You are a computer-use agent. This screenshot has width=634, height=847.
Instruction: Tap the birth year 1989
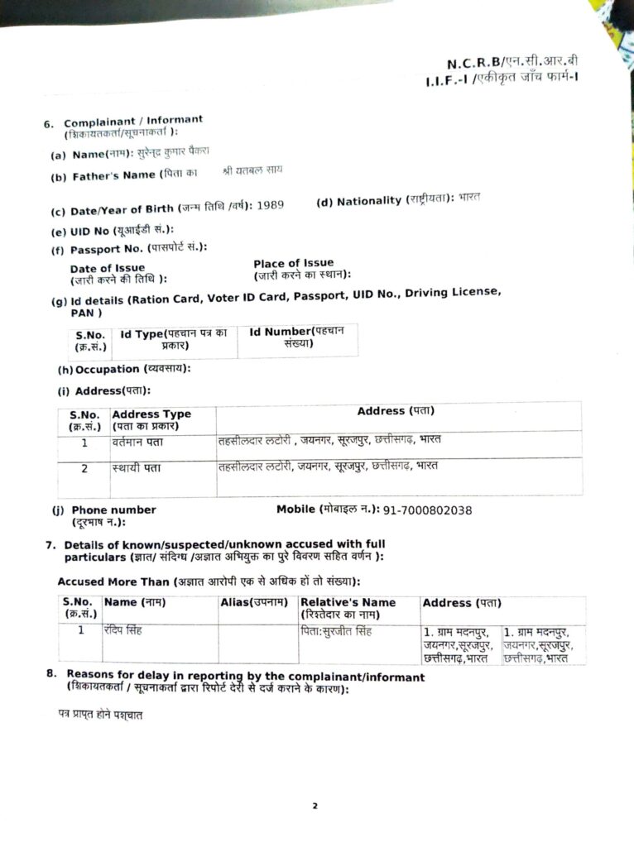(270, 205)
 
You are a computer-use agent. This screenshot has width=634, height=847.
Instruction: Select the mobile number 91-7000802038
(428, 510)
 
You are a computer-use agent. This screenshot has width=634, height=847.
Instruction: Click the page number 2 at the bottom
(315, 806)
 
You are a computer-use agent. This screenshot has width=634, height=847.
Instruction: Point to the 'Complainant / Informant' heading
(133, 121)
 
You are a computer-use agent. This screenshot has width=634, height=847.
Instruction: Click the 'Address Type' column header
(151, 414)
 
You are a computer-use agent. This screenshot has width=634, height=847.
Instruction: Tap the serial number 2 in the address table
(84, 469)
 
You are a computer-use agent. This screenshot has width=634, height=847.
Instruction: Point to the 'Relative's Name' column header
(348, 603)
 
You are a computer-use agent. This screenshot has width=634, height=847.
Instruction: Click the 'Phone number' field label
(113, 510)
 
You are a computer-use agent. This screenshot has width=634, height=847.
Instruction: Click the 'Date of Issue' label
(108, 269)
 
